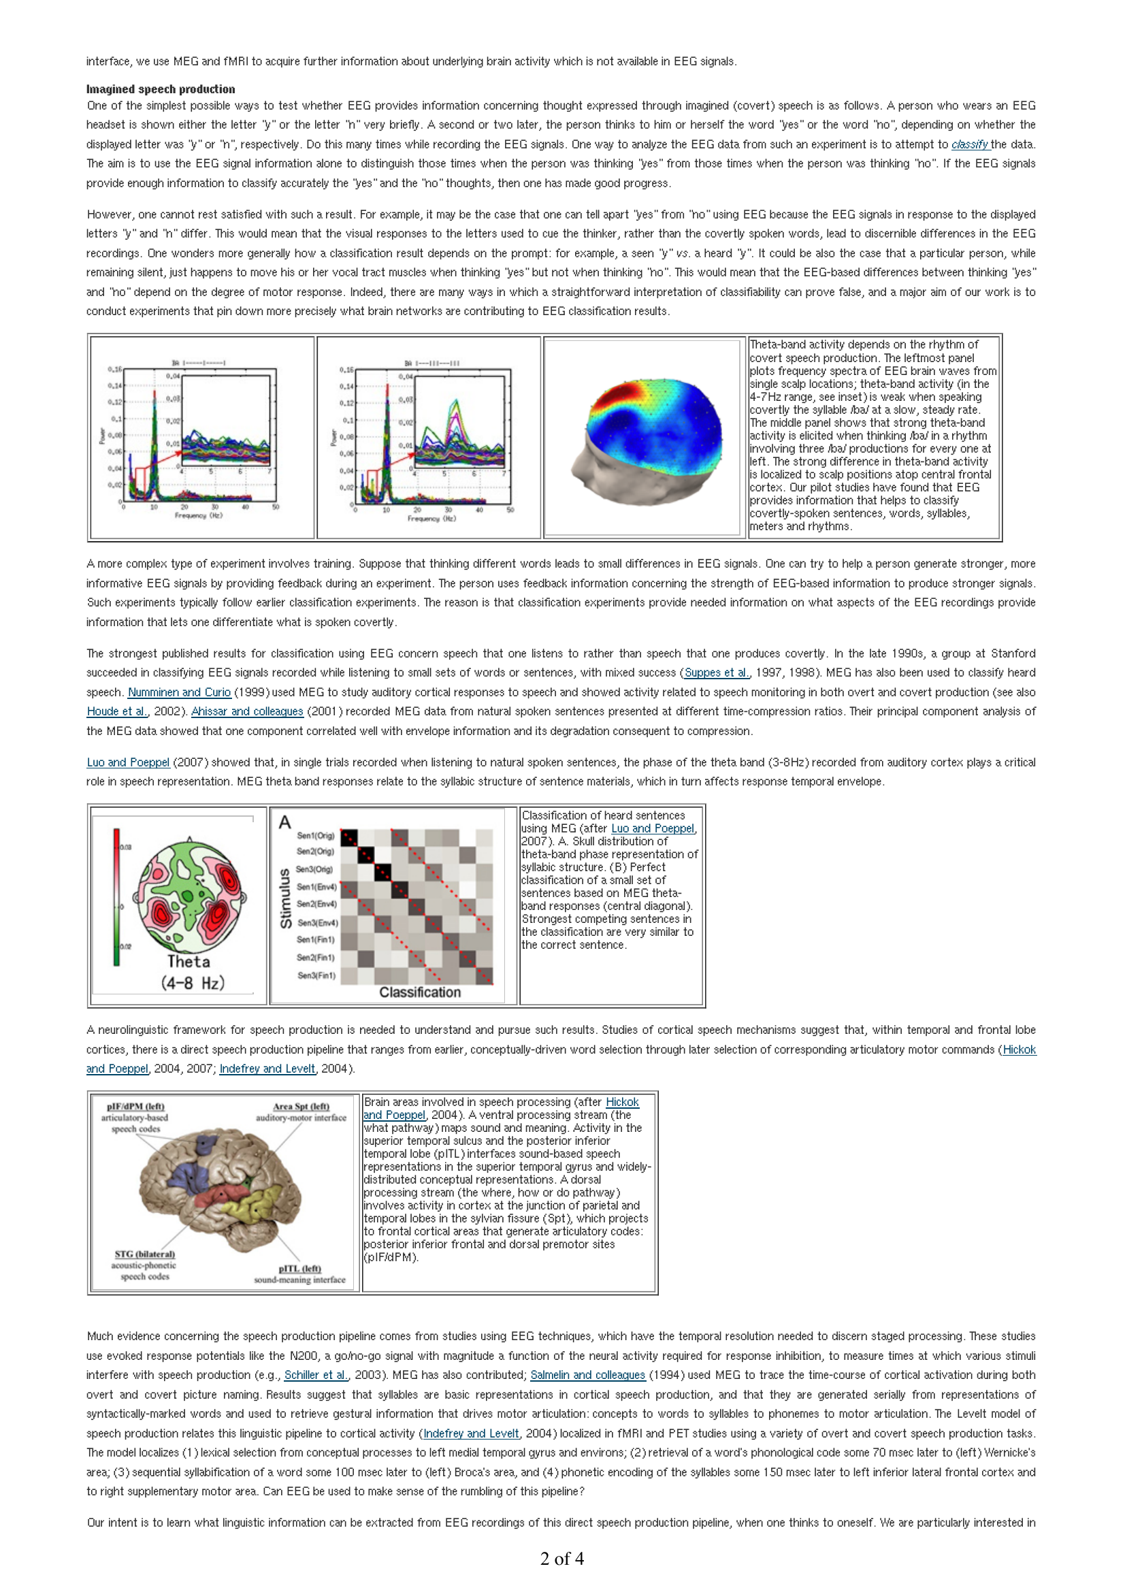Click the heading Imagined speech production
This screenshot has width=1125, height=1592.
click(x=160, y=89)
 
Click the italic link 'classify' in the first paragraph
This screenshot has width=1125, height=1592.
click(x=969, y=145)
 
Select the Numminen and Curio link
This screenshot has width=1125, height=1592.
click(x=179, y=692)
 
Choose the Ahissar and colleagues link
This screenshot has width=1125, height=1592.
click(x=248, y=711)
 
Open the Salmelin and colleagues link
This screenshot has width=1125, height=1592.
click(x=588, y=1375)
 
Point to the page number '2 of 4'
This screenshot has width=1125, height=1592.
click(x=562, y=1559)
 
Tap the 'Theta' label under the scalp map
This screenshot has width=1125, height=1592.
click(x=189, y=962)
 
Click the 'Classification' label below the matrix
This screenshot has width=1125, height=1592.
click(x=420, y=992)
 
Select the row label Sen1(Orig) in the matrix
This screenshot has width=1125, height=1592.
click(x=315, y=836)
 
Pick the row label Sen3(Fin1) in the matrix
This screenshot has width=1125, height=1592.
click(x=316, y=975)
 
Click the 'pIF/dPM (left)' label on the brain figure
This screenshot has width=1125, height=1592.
click(x=136, y=1107)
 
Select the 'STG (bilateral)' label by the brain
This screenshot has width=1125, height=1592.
click(x=145, y=1254)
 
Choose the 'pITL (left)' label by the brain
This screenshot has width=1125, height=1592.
click(x=299, y=1269)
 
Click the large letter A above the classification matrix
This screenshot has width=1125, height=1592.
click(x=285, y=822)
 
